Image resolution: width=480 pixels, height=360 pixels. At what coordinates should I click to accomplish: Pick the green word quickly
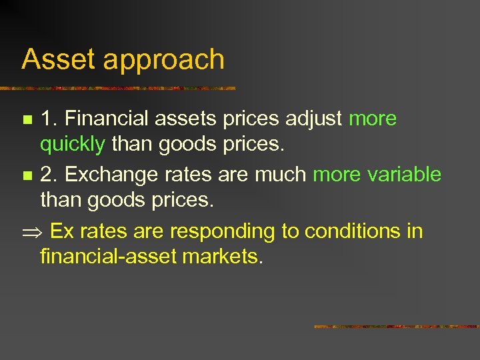(72, 144)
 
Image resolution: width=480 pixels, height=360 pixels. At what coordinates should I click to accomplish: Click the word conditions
(354, 231)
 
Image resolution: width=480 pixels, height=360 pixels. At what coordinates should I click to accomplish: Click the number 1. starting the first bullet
(48, 119)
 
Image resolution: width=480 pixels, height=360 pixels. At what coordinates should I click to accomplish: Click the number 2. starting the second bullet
(48, 175)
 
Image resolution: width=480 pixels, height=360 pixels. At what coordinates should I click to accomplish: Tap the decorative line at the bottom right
(397, 327)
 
